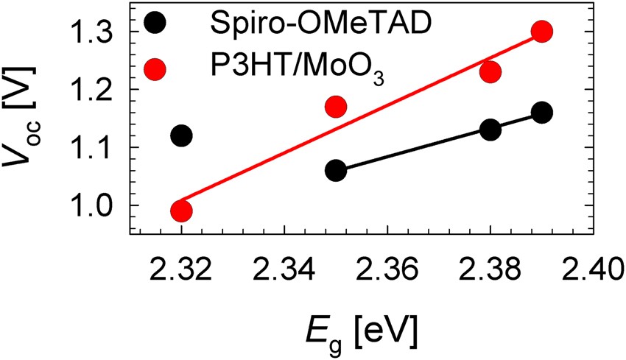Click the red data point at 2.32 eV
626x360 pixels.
click(x=181, y=211)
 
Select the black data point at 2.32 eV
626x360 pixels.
click(x=181, y=135)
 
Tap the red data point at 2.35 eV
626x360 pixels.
click(x=336, y=107)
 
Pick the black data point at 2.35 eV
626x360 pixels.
click(x=336, y=170)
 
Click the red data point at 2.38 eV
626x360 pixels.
click(x=490, y=71)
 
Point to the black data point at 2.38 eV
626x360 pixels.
click(x=490, y=130)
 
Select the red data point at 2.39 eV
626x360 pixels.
click(x=542, y=32)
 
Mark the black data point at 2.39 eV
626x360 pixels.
click(x=542, y=113)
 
